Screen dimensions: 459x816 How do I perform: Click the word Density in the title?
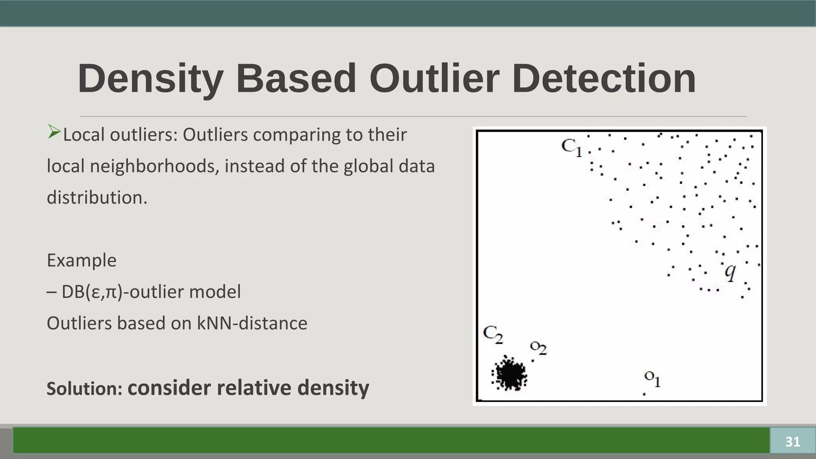150,79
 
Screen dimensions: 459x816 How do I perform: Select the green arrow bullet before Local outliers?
54,132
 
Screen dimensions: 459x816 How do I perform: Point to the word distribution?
97,198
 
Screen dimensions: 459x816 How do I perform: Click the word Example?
82,261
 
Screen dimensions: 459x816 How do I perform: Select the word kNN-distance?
252,324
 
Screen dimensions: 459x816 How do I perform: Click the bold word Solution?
84,389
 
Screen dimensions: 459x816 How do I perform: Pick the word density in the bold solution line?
333,388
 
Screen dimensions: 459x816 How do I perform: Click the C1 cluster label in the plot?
571,147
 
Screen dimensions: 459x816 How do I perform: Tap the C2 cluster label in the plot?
493,335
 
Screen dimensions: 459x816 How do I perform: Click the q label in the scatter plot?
730,273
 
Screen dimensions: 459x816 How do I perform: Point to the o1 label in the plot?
653,379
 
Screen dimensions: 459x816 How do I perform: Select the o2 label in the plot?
538,348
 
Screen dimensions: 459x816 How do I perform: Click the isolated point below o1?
644,394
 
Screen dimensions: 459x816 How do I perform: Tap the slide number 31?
792,441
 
